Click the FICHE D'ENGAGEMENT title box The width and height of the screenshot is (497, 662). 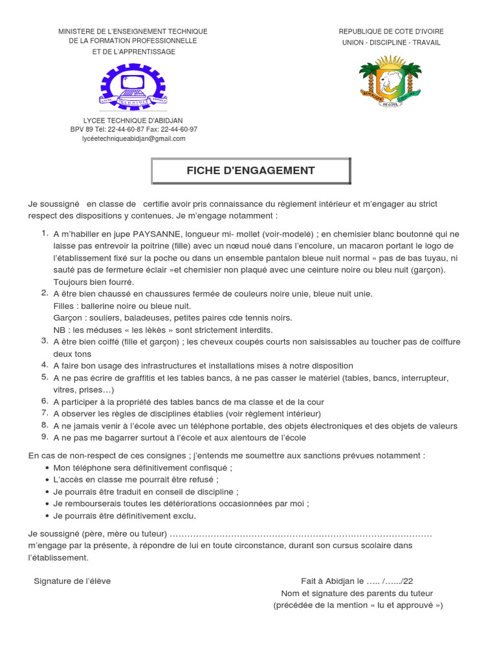tap(250, 171)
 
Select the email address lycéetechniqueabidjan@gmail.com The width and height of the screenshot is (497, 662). tap(133, 138)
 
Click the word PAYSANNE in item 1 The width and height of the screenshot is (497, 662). tap(157, 234)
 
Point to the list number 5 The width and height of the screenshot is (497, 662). tap(45, 377)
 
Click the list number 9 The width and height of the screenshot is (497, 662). tap(45, 437)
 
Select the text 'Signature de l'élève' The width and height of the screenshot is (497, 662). tap(72, 581)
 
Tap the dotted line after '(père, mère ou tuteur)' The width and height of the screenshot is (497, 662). tap(301, 533)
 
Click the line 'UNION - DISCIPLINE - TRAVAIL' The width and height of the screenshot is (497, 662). tap(391, 43)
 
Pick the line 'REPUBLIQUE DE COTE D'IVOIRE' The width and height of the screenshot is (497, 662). tap(391, 31)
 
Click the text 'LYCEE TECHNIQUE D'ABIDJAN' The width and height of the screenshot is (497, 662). tap(133, 120)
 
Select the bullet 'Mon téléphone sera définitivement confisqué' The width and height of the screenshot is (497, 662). tap(143, 467)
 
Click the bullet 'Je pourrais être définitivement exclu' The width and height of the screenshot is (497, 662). tap(124, 516)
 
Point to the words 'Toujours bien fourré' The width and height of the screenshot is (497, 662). tap(93, 282)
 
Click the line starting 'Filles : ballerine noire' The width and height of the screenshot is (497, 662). tap(122, 306)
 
